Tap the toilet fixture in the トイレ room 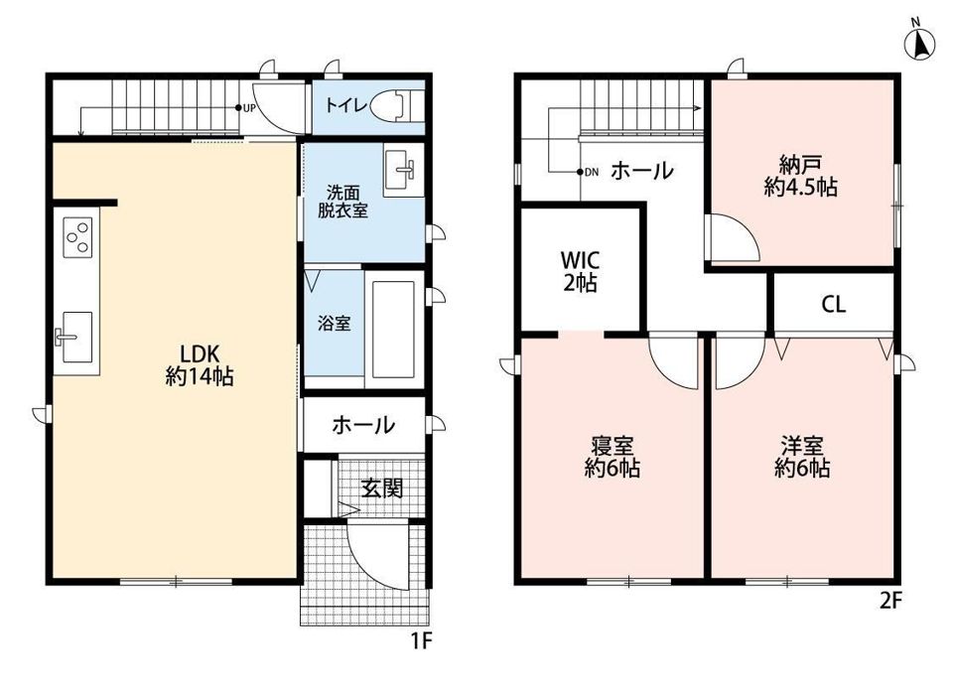(397, 106)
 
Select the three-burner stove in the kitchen (77, 237)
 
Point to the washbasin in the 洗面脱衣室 (403, 170)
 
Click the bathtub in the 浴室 (393, 329)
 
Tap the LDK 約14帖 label (200, 364)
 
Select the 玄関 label (382, 488)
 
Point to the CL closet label (833, 304)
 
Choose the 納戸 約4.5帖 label (800, 176)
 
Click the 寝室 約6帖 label (613, 457)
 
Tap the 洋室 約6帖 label (802, 457)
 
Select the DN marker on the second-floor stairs (588, 172)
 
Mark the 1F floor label (421, 640)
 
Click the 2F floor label (891, 601)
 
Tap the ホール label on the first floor (363, 425)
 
